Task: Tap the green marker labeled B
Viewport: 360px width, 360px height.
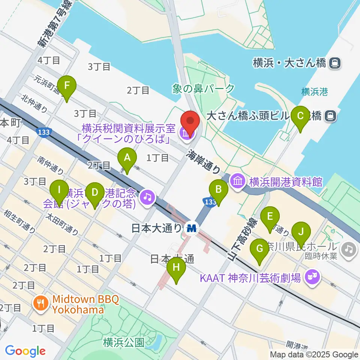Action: (x=219, y=189)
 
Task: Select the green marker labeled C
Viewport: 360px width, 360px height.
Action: (x=301, y=116)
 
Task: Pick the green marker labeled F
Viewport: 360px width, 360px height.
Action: (x=67, y=85)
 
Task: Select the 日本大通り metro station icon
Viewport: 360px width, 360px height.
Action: (x=192, y=228)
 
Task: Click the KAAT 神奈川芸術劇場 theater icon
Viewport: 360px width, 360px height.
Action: (x=311, y=278)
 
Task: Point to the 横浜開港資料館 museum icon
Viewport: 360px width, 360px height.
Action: (x=238, y=182)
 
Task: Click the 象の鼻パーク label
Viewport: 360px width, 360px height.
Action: (x=203, y=88)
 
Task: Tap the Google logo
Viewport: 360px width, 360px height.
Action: (x=25, y=351)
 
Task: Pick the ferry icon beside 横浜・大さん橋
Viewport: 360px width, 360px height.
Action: (x=334, y=63)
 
